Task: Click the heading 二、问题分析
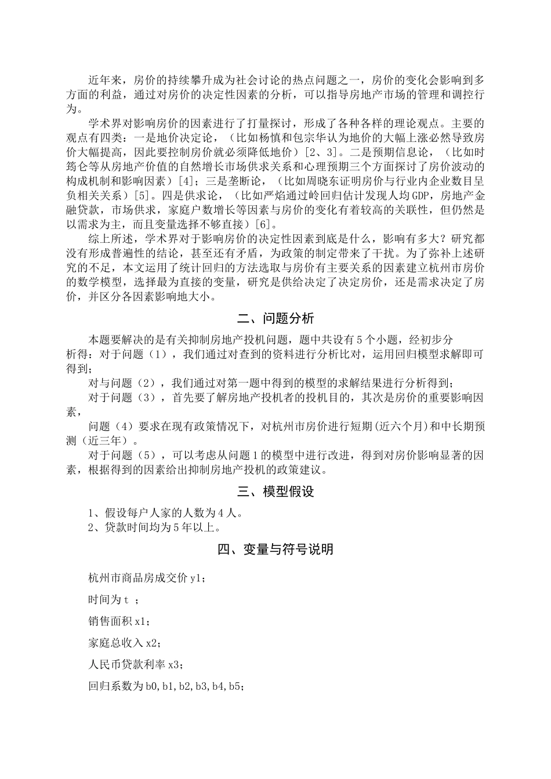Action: point(275,318)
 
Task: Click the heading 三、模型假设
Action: point(275,492)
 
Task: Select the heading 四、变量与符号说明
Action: point(275,548)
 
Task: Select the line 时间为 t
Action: point(113,600)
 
